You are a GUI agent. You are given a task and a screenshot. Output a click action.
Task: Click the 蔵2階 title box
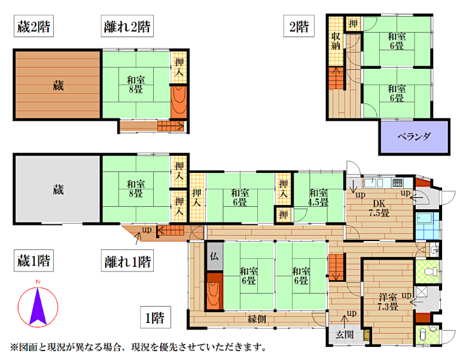(33, 26)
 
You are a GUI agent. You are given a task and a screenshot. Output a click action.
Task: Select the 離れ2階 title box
(127, 26)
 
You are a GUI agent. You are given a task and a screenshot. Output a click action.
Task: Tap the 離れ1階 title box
(127, 261)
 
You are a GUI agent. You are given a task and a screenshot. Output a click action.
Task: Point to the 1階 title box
(156, 318)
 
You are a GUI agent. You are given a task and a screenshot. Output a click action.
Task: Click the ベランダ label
(414, 136)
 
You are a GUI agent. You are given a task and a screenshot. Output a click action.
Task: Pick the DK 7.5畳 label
(379, 208)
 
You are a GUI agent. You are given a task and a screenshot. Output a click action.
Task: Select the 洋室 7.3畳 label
(388, 301)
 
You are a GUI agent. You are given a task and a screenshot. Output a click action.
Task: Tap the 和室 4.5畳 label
(318, 197)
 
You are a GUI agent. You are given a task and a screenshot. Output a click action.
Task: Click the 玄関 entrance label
(345, 334)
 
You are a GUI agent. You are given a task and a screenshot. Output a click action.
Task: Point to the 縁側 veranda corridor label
(257, 319)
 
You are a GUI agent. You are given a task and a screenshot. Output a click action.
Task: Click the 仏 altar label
(214, 256)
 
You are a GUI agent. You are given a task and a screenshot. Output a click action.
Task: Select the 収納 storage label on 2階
(336, 41)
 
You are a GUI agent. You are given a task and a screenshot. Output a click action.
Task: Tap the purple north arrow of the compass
(38, 306)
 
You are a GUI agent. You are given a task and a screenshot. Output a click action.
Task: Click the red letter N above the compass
(38, 282)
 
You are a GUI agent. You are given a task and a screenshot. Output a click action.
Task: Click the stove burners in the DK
(397, 182)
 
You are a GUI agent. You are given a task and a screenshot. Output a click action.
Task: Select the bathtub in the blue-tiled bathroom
(425, 218)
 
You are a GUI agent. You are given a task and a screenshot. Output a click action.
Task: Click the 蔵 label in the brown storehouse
(58, 86)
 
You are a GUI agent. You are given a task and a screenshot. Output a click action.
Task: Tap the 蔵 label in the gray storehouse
(58, 190)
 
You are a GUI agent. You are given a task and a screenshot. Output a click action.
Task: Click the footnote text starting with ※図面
(138, 347)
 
